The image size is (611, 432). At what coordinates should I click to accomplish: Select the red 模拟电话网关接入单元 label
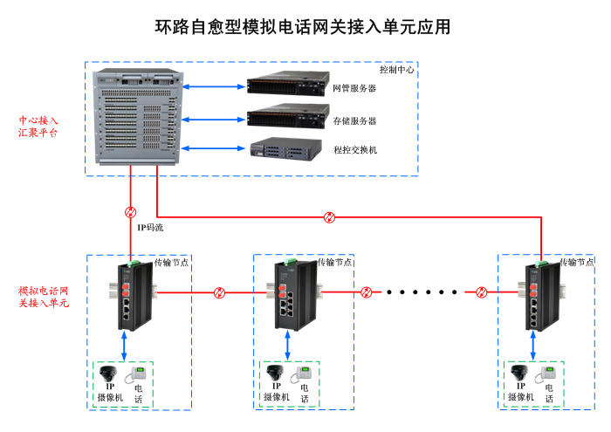(43, 296)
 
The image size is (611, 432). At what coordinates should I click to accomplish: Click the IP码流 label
(149, 228)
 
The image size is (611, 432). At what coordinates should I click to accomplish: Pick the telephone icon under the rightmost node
(549, 375)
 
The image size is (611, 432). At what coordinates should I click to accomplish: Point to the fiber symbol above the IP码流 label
(131, 212)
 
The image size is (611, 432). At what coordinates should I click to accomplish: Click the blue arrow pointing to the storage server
(214, 117)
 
